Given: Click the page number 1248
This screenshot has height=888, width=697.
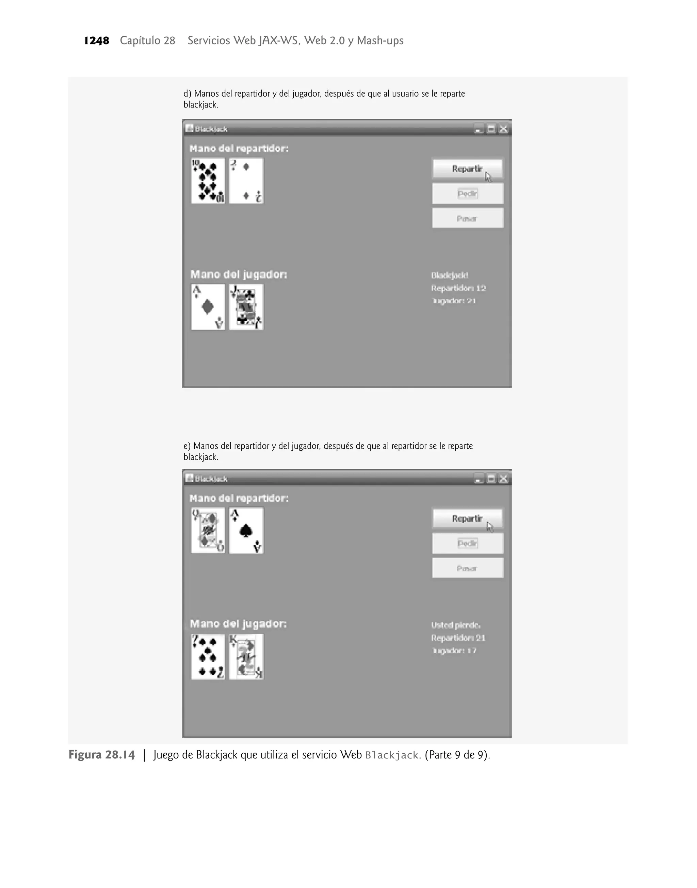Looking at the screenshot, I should [x=97, y=41].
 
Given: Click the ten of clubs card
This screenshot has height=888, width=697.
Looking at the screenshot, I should [x=208, y=181].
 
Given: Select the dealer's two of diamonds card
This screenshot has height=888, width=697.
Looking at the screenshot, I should [x=246, y=181].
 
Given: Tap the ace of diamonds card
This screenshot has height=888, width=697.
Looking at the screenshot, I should [x=208, y=307].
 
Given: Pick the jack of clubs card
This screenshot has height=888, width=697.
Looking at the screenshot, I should [x=246, y=307].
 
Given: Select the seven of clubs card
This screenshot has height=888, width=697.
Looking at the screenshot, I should [x=208, y=656].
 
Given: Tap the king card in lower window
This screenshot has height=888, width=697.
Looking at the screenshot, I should [x=246, y=656].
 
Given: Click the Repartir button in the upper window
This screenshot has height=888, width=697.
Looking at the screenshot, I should [x=467, y=169].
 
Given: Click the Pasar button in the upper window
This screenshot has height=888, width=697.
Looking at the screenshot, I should [x=467, y=219].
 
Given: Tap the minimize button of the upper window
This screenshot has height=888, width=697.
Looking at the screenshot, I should [x=478, y=129].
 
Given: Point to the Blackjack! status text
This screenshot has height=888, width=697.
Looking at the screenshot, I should [x=449, y=275].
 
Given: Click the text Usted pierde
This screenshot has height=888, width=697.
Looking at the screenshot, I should [x=455, y=625].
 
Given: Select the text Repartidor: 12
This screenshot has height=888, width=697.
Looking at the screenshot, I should [x=458, y=288].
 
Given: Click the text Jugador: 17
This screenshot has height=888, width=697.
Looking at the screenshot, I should [x=454, y=650].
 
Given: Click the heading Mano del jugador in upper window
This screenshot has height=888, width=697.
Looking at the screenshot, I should [x=238, y=274].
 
